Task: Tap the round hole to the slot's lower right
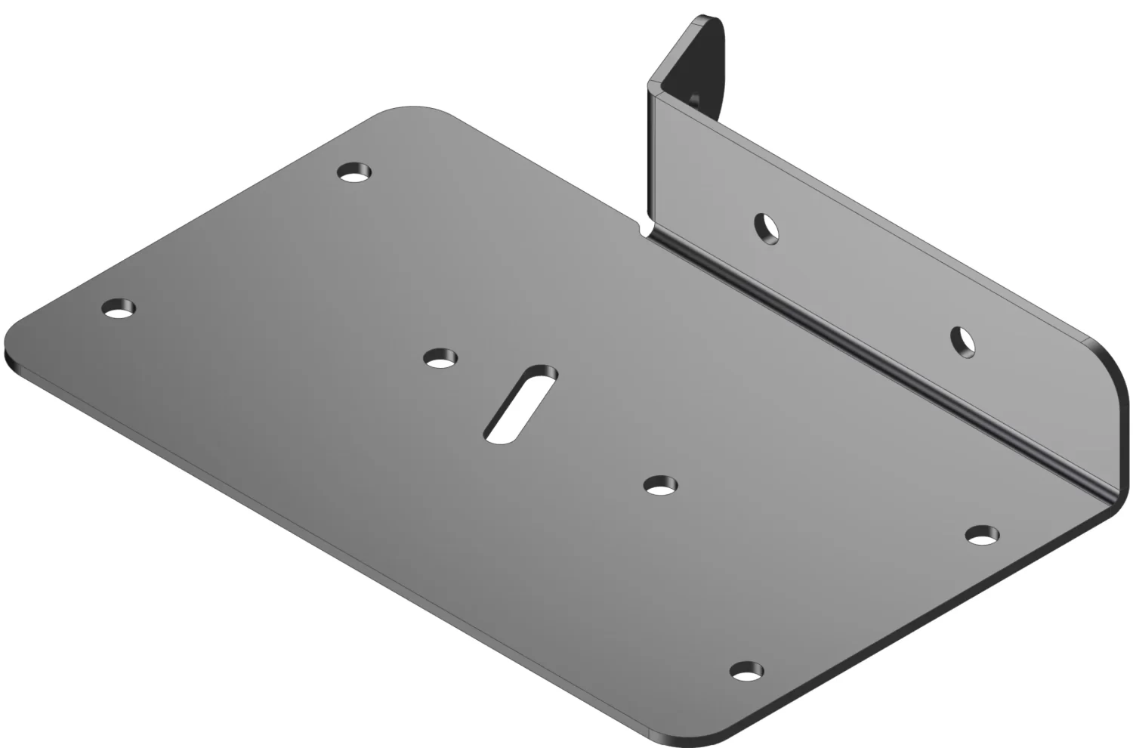(661, 485)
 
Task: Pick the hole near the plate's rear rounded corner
(354, 173)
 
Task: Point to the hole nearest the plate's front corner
(746, 670)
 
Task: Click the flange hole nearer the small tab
(767, 227)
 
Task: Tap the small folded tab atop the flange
(695, 60)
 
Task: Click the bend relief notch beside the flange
(644, 227)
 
